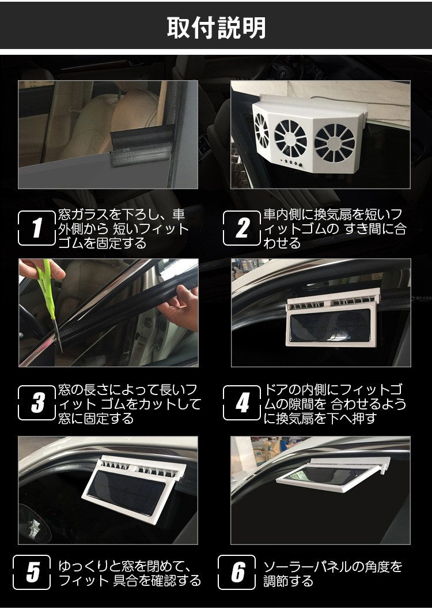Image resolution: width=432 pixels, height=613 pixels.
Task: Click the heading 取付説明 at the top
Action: tap(217, 28)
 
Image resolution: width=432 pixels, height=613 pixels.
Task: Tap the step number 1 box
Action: tap(37, 228)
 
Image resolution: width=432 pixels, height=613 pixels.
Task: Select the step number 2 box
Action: tap(242, 228)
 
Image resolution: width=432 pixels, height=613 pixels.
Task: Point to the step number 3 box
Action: tap(37, 403)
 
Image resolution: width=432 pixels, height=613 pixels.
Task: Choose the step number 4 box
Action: tap(242, 403)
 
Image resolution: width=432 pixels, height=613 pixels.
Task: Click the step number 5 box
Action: tap(32, 572)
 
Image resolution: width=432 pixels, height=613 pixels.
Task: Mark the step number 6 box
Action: tap(237, 572)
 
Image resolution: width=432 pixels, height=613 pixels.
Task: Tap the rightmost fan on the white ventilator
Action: tap(335, 143)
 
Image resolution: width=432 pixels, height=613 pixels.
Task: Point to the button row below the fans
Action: tap(293, 162)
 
